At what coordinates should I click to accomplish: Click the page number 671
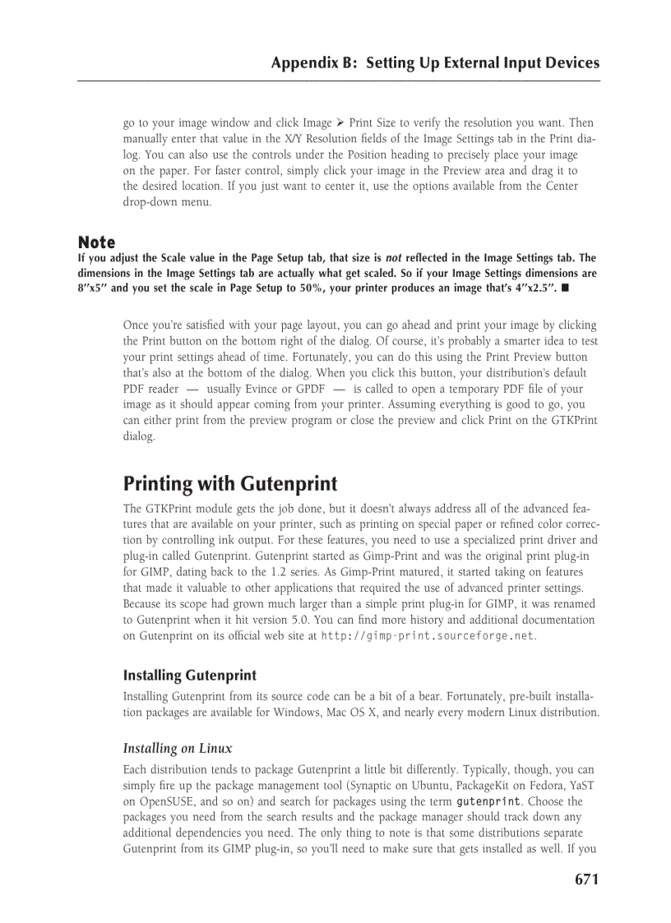point(586,879)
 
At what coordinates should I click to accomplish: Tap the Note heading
point(96,242)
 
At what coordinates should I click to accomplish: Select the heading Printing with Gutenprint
point(230,483)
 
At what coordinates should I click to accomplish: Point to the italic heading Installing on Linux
point(177,748)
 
